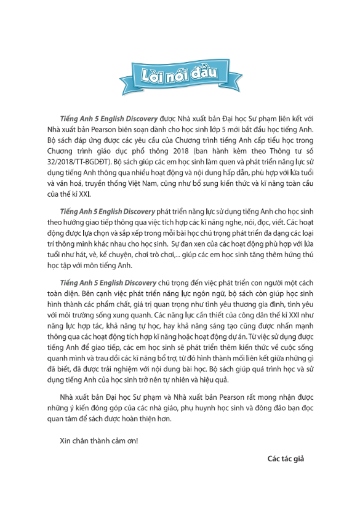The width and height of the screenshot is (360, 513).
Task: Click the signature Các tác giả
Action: pos(286,458)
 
